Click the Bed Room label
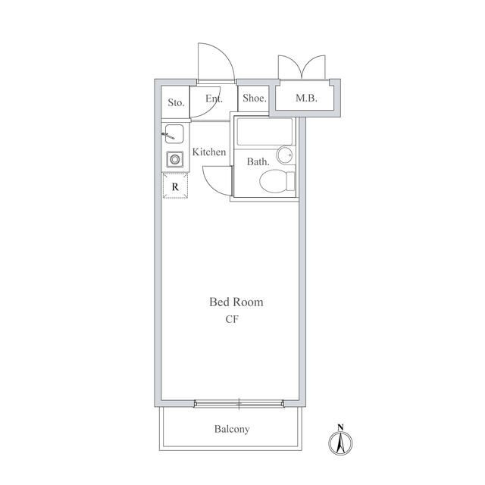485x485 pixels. (236, 302)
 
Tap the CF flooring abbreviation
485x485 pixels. (232, 319)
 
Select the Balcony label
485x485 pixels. (232, 429)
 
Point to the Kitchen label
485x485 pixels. (209, 152)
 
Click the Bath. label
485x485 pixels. (258, 161)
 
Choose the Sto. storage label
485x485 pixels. (176, 103)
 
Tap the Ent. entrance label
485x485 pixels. (214, 99)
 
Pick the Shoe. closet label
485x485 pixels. (255, 98)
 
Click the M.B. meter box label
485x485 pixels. (306, 98)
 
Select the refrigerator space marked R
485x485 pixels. (175, 186)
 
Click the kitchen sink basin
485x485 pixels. (174, 133)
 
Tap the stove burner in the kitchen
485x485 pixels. (175, 160)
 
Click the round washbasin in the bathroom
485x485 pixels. (284, 155)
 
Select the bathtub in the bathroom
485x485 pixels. (264, 131)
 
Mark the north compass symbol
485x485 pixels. (340, 443)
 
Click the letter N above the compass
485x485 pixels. (340, 427)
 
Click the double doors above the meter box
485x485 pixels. (302, 67)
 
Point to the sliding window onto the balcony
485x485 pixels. (239, 404)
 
